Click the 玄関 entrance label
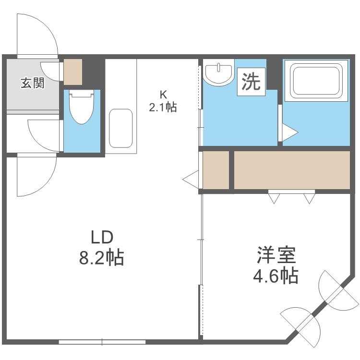(32, 83)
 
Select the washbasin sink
(218, 73)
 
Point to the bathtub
(315, 80)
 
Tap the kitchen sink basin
(120, 128)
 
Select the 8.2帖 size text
(102, 258)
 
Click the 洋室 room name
(276, 255)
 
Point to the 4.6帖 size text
(276, 276)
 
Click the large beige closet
(292, 170)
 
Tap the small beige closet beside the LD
(216, 170)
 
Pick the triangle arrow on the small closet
(191, 180)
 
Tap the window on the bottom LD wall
(102, 342)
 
